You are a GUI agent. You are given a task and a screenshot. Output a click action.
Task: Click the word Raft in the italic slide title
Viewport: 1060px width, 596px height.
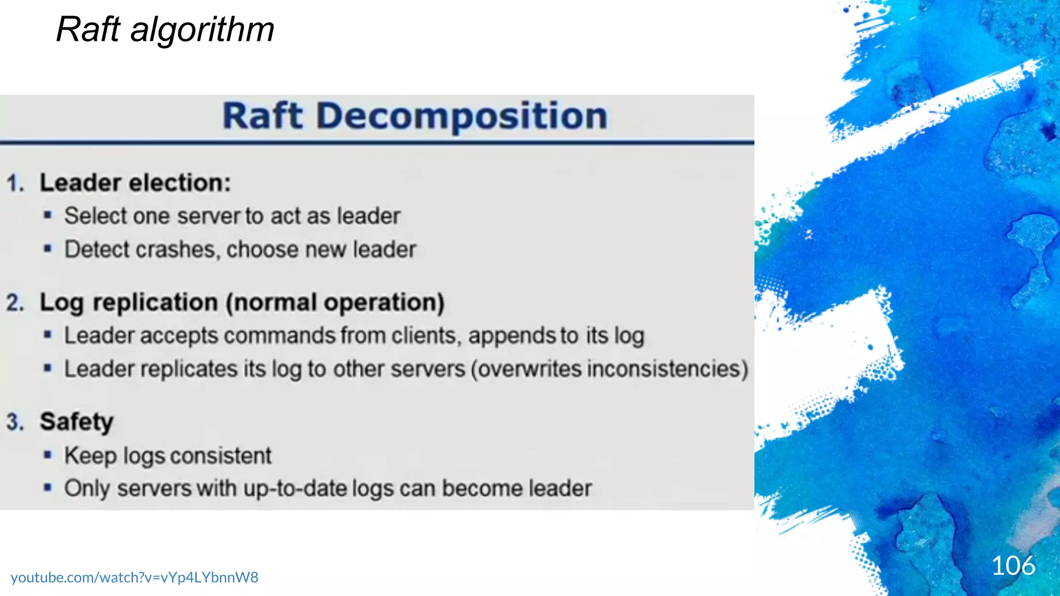coord(89,29)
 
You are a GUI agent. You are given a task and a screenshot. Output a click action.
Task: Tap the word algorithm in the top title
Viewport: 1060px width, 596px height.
coord(202,29)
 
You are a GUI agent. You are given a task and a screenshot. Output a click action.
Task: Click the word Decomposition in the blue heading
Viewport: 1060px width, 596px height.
coord(462,116)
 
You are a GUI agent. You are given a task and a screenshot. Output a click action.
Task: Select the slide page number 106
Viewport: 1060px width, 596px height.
coord(1013,565)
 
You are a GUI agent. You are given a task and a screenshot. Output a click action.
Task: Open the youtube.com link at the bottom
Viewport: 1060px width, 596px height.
coord(135,577)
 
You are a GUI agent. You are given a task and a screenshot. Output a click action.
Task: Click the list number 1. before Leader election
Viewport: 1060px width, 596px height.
coord(16,183)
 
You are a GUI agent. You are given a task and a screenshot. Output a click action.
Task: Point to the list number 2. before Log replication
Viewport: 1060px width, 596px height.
coord(16,303)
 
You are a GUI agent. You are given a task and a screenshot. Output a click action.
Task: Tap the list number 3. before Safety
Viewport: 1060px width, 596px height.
coord(16,422)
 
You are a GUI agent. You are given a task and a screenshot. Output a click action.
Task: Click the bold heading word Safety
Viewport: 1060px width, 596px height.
coord(77,422)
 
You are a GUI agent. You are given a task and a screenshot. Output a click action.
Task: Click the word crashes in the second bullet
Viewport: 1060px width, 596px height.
coord(175,250)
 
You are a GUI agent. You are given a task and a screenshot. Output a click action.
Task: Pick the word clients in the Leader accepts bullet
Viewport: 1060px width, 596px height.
coord(424,336)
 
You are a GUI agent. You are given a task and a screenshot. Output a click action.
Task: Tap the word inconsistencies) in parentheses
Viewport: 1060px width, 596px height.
coord(610,369)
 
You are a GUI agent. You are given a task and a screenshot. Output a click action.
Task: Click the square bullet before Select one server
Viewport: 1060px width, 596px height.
coord(48,216)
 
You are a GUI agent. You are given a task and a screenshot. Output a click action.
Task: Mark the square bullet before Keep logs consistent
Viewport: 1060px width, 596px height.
coord(48,455)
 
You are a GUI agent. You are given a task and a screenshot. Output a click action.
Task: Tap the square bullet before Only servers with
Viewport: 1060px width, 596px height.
coord(48,488)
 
